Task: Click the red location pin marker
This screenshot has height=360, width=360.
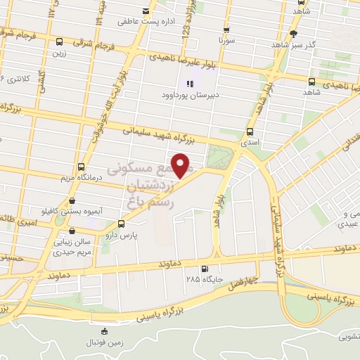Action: pyautogui.click(x=181, y=166)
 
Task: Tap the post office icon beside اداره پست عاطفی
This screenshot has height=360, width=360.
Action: pyautogui.click(x=146, y=11)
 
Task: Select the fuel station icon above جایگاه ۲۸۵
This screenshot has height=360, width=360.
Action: pyautogui.click(x=205, y=269)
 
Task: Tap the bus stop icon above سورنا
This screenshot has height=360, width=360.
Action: pyautogui.click(x=226, y=31)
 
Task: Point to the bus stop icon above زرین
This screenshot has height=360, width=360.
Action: pyautogui.click(x=58, y=41)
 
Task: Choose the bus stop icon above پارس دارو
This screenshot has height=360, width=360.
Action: pyautogui.click(x=122, y=224)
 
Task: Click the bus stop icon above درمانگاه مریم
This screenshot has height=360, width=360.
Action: pyautogui.click(x=82, y=167)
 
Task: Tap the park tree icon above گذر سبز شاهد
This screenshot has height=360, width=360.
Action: pyautogui.click(x=293, y=32)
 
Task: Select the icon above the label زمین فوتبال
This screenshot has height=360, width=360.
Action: pyautogui.click(x=104, y=331)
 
